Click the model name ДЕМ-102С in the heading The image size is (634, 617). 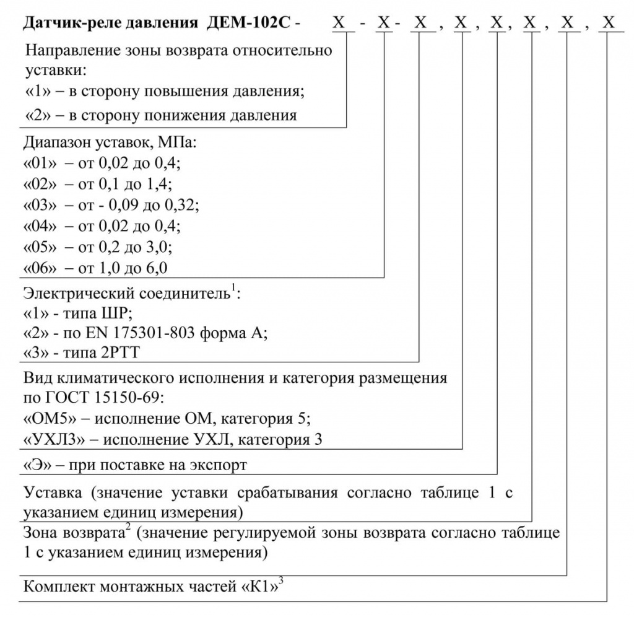point(251,24)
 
